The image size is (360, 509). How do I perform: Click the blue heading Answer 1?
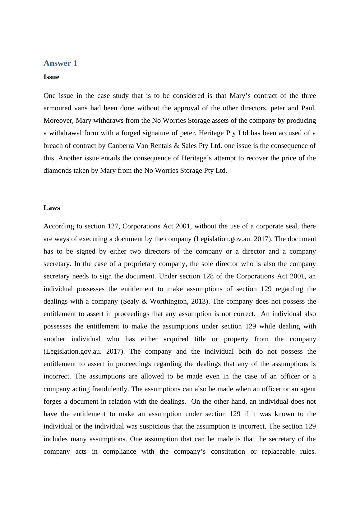pyautogui.click(x=60, y=63)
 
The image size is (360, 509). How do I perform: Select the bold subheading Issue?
pyautogui.click(x=51, y=77)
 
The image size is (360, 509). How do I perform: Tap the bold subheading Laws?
pyautogui.click(x=52, y=208)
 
